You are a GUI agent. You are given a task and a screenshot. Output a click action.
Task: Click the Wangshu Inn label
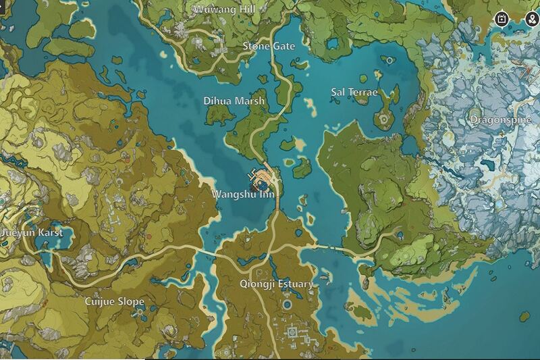[244, 194]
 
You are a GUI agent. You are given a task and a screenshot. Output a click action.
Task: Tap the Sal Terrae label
[354, 92]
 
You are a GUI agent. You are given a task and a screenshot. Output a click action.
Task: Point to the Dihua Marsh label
[235, 101]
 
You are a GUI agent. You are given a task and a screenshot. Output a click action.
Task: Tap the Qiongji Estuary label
[276, 284]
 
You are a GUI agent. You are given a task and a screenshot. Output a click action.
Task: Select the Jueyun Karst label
[32, 232]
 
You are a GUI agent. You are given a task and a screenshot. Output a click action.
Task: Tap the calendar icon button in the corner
[503, 18]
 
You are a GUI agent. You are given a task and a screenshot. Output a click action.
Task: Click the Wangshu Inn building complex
[262, 178]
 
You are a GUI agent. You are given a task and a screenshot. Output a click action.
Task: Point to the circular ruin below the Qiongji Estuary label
[288, 305]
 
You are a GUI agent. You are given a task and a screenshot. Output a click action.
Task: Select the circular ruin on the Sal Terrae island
[384, 120]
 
